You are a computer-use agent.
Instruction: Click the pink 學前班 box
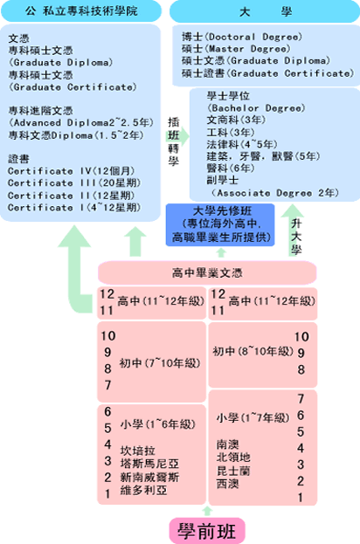tap(207, 531)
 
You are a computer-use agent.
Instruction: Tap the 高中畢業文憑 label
tap(207, 273)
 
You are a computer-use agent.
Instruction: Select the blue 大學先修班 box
tap(220, 224)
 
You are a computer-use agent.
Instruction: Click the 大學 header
tap(265, 12)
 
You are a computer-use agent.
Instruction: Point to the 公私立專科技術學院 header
tap(81, 11)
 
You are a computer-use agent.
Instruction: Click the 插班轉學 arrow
tap(177, 136)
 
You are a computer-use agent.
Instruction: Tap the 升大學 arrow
tap(292, 230)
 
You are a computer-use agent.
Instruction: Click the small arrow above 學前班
tap(207, 511)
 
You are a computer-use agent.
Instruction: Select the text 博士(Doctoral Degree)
tap(242, 37)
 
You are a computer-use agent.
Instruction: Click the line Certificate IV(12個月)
tap(71, 171)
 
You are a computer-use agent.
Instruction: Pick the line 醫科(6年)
tap(231, 169)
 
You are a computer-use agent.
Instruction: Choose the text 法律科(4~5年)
tap(242, 144)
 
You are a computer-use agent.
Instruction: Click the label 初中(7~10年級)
tap(160, 363)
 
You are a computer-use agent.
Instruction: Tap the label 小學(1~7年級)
tap(253, 417)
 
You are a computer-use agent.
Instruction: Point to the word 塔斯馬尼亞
tap(149, 464)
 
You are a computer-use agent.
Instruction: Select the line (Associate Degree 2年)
tap(274, 193)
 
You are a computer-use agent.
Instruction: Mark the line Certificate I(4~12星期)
tap(74, 208)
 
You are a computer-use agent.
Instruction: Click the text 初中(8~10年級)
tap(253, 351)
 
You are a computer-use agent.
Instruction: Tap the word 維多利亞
tap(143, 491)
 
